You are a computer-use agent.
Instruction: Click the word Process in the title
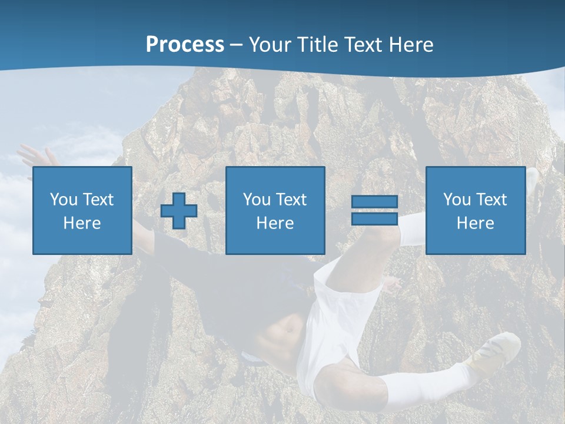(185, 44)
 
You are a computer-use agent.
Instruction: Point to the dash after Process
(237, 45)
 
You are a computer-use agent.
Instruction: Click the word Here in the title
(411, 44)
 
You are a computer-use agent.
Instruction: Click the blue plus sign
(179, 211)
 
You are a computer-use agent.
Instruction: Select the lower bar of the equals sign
(374, 218)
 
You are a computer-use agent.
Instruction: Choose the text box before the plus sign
(82, 210)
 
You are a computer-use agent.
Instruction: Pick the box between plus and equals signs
(275, 210)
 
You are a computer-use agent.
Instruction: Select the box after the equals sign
(475, 210)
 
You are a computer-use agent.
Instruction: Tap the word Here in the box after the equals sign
(475, 223)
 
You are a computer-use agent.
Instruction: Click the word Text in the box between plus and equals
(291, 200)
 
